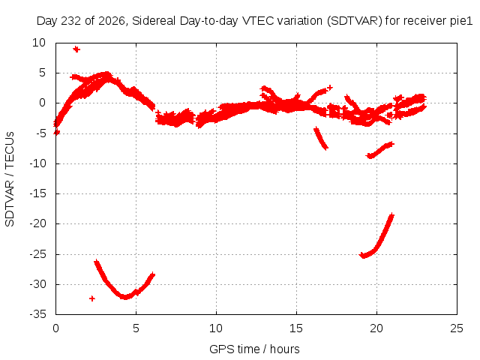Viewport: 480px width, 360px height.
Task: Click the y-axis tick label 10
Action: pos(39,43)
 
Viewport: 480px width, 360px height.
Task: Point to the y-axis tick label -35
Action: pos(37,314)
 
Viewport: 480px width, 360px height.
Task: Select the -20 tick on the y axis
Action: pos(37,223)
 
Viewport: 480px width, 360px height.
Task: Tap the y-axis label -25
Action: pos(37,254)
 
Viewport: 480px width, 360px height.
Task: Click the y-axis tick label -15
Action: pos(37,193)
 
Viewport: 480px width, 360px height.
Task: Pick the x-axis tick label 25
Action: pos(457,328)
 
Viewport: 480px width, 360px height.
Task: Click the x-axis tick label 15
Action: pos(296,328)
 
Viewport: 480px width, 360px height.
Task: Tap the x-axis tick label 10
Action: pos(216,328)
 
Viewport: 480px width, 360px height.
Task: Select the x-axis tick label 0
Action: pos(55,328)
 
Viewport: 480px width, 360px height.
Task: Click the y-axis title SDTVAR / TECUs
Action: pos(10,179)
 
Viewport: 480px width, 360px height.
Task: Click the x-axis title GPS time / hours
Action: pos(254,349)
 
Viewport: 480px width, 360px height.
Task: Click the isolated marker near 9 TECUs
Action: pos(76,49)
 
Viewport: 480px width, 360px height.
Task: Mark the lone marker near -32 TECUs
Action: pos(91,298)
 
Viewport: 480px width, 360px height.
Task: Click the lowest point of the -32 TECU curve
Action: pos(125,297)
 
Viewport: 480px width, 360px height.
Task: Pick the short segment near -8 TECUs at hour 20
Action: pos(380,150)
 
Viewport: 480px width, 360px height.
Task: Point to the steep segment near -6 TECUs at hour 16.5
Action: pos(321,138)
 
